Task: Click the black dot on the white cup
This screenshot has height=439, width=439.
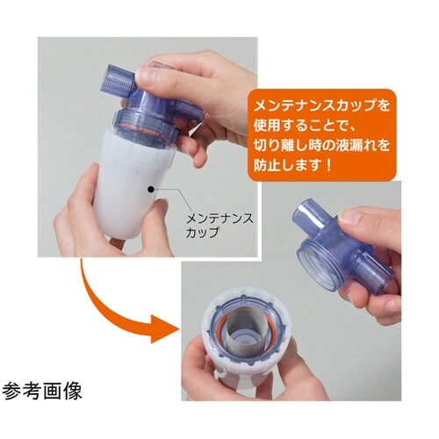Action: (154, 187)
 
